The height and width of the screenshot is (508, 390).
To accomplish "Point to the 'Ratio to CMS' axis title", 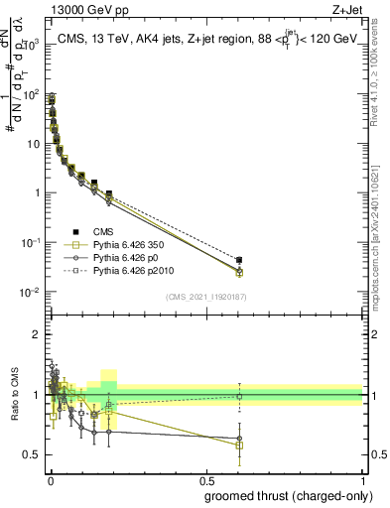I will pos(14,409).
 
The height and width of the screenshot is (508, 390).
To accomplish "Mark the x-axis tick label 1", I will pos(362,480).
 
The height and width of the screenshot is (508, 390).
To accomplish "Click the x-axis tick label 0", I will pos(50,480).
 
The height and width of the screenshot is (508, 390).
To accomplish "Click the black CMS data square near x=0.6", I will pos(239,260).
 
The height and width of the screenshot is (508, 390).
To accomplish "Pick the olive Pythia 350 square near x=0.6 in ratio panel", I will pos(239,445).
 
